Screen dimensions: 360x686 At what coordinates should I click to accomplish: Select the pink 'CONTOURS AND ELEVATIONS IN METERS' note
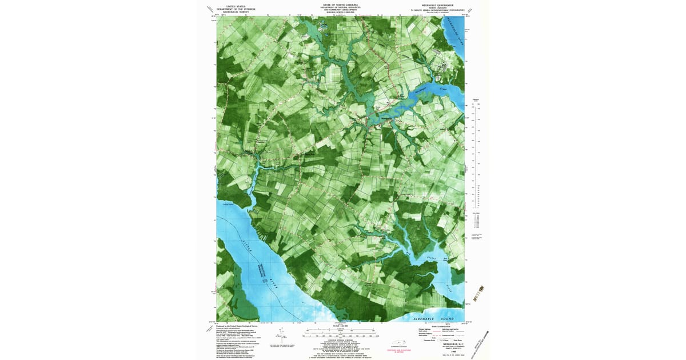(x=397, y=352)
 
